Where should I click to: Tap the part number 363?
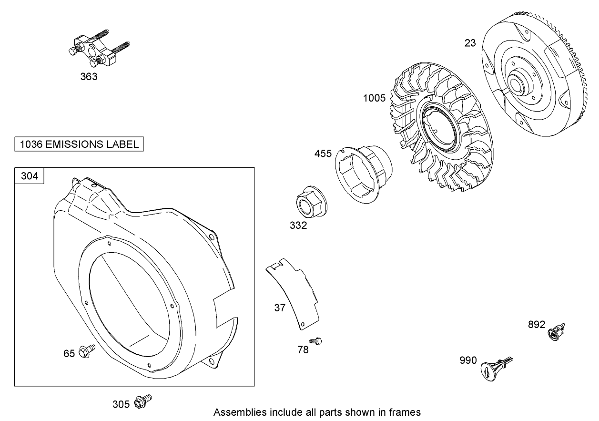[89, 77]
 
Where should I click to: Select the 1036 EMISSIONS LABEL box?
[79, 144]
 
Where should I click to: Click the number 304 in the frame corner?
[30, 176]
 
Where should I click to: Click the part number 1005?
[374, 98]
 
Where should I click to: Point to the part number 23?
[470, 43]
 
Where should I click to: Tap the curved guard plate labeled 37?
[293, 291]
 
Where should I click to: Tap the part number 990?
[468, 360]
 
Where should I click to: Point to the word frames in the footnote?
[406, 412]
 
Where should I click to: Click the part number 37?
[280, 308]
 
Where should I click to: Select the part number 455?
[323, 154]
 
